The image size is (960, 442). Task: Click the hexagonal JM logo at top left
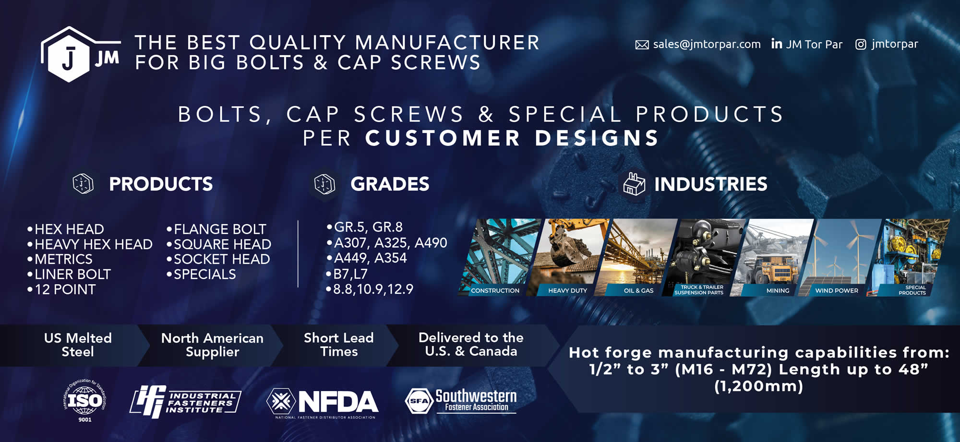click(79, 55)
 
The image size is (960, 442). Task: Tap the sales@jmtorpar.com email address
click(707, 44)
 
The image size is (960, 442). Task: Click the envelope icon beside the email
click(642, 45)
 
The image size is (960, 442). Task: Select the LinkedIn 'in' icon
click(776, 44)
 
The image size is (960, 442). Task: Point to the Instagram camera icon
click(861, 44)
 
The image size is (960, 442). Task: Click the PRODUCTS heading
click(161, 184)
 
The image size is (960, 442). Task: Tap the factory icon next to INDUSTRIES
click(634, 184)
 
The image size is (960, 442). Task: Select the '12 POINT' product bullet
click(62, 289)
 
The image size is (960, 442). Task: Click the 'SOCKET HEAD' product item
click(218, 259)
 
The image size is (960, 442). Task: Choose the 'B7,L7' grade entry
click(347, 274)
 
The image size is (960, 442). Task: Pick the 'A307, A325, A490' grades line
click(387, 243)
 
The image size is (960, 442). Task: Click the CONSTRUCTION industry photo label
click(495, 290)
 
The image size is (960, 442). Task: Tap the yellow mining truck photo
click(773, 257)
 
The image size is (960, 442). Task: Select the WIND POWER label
click(837, 290)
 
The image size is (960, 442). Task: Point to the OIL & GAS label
click(638, 290)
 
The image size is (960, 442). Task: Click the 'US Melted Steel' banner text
click(78, 345)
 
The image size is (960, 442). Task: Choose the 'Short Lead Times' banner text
click(339, 345)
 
